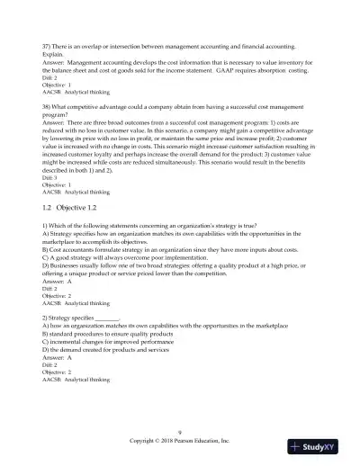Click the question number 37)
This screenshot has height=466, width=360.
(x=49, y=43)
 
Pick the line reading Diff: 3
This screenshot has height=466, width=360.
(x=51, y=178)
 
